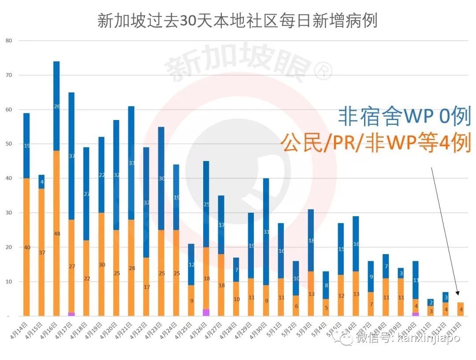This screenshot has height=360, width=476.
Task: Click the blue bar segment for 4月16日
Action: (56, 106)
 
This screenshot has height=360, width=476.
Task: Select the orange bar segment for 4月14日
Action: (26, 247)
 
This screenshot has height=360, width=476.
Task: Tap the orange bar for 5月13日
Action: (461, 309)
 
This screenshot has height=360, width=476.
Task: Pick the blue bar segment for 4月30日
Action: (266, 232)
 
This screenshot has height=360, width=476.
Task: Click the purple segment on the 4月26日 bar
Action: (206, 312)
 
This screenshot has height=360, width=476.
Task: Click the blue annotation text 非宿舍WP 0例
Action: (405, 116)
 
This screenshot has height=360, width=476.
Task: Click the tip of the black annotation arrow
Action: (458, 295)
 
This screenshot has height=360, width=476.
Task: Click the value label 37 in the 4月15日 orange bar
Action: (41, 252)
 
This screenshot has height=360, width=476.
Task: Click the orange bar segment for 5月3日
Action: (311, 293)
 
